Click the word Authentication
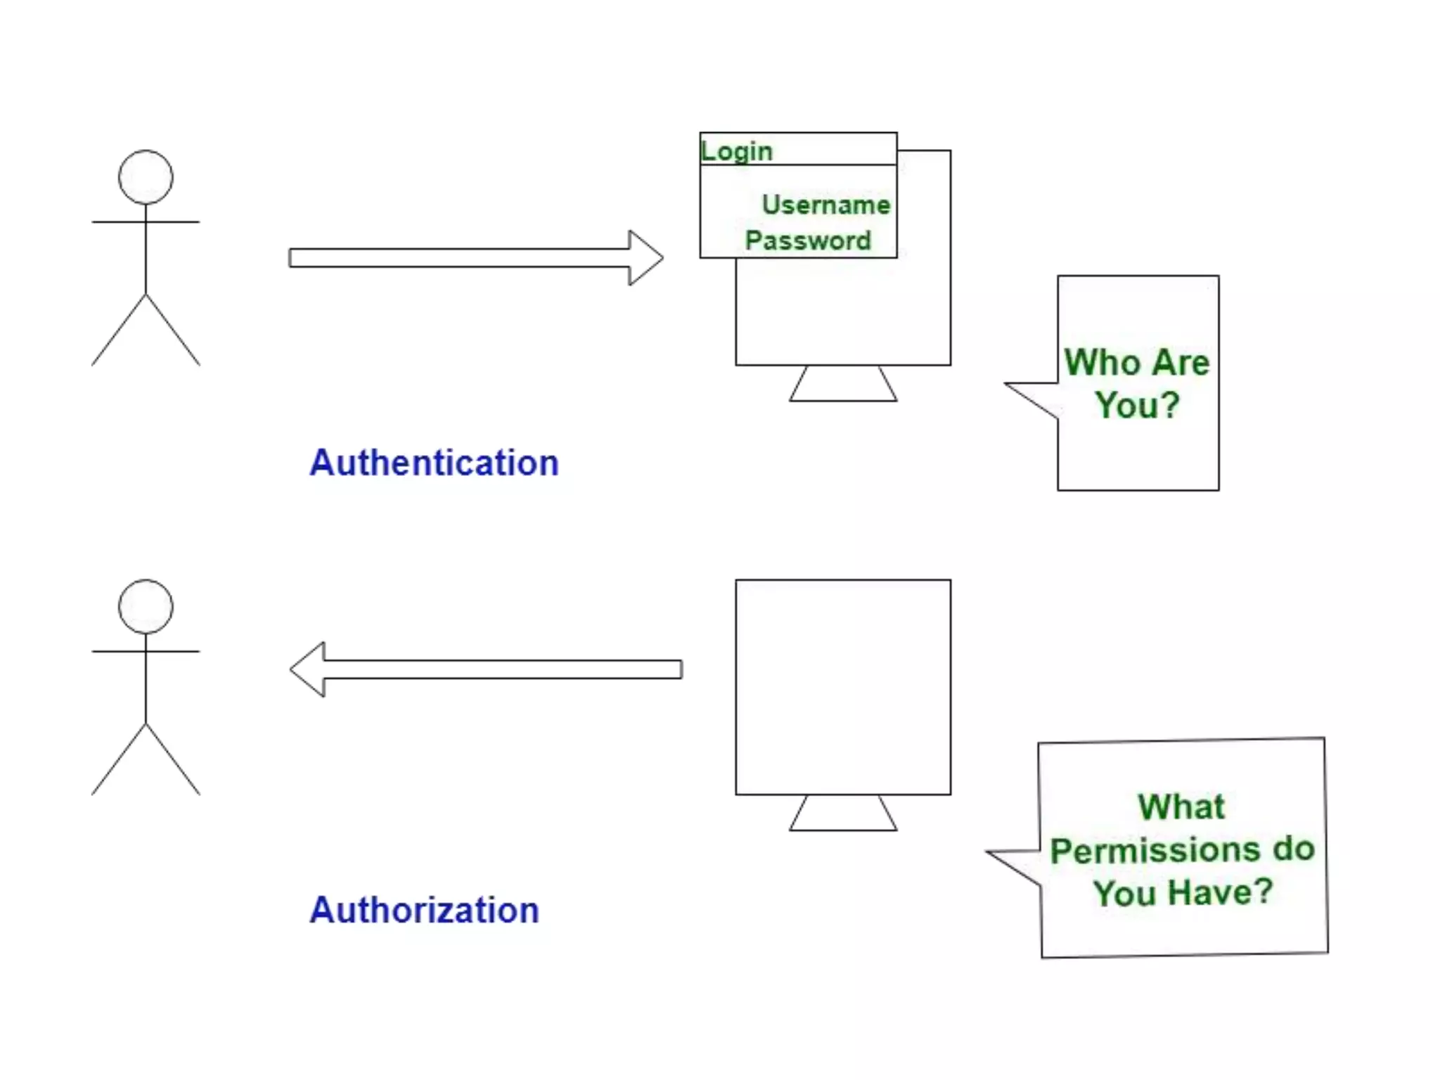pos(434,463)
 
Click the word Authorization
pos(424,911)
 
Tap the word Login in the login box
pos(736,151)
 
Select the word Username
pos(825,205)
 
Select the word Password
pos(808,240)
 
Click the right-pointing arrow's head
pos(645,258)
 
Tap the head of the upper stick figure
pos(146,177)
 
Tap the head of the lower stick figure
pos(146,607)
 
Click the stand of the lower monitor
pos(843,814)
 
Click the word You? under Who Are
pos(1137,406)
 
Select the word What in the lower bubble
pos(1181,807)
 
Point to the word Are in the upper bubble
pos(1181,363)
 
